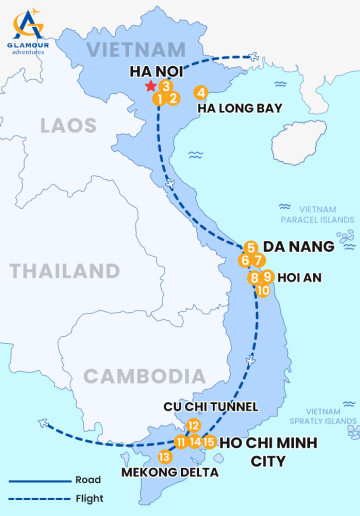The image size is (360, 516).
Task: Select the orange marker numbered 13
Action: [x=164, y=457]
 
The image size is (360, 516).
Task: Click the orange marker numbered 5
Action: [x=251, y=247]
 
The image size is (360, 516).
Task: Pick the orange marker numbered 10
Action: [x=263, y=291]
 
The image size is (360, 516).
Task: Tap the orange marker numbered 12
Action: [x=193, y=425]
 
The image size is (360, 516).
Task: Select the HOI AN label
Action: [x=299, y=278]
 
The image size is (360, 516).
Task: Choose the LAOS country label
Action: [x=68, y=125]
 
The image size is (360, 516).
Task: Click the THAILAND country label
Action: [x=65, y=271]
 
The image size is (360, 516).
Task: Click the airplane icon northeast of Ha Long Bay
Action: [x=260, y=57]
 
